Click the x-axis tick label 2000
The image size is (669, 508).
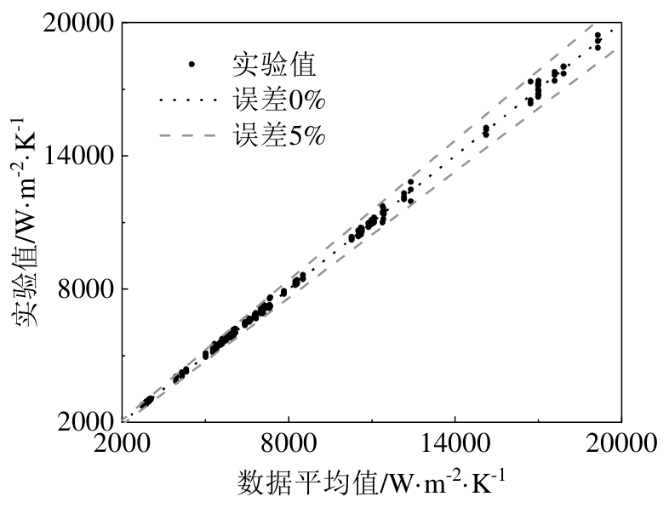click(x=123, y=445)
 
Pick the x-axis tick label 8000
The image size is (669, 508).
click(x=289, y=445)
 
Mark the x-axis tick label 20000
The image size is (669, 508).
click(x=620, y=445)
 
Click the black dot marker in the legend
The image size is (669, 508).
click(x=192, y=64)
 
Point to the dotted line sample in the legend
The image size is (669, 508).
click(x=189, y=100)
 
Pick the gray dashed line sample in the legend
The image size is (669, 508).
click(x=189, y=135)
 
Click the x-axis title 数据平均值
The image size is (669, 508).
click(x=309, y=485)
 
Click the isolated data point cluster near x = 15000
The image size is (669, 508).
click(x=486, y=131)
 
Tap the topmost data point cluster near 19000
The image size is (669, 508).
click(x=598, y=41)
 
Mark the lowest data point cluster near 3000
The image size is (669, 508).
click(x=146, y=401)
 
